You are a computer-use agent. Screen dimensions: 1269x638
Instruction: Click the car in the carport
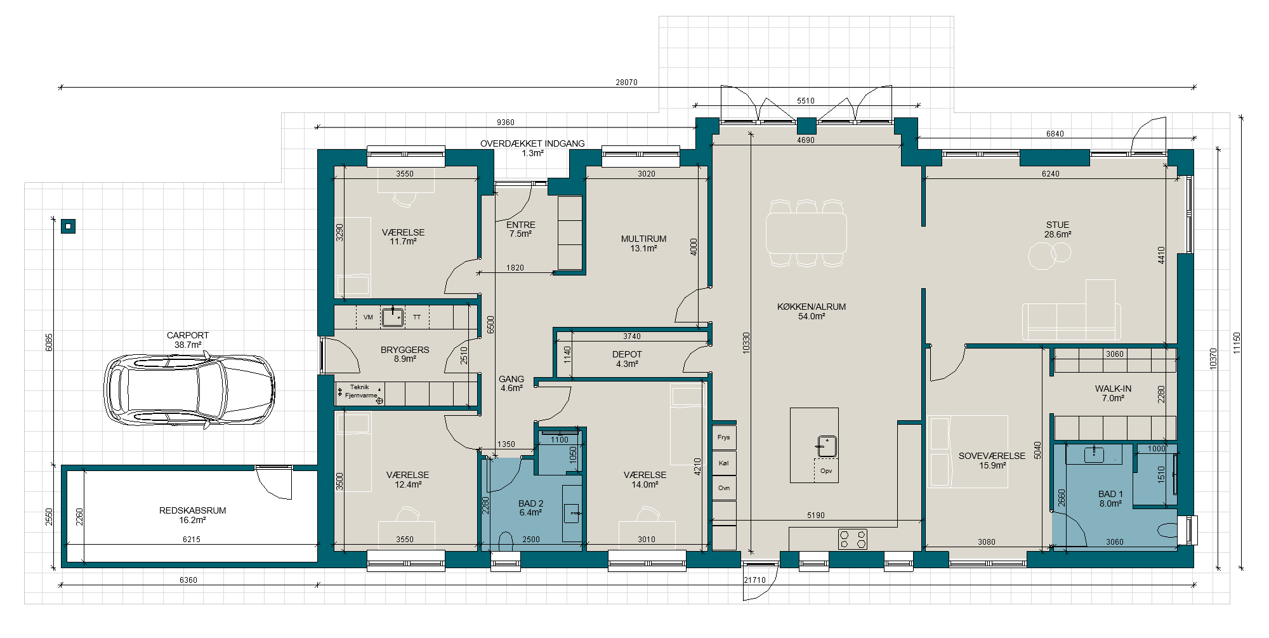pyautogui.click(x=189, y=390)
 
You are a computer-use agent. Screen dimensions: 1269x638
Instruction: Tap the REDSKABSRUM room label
pyautogui.click(x=192, y=510)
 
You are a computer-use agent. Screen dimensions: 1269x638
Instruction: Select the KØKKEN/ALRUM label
pyautogui.click(x=812, y=307)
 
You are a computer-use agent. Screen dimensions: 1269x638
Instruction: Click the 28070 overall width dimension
pyautogui.click(x=626, y=82)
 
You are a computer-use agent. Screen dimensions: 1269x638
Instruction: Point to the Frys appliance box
pyautogui.click(x=724, y=437)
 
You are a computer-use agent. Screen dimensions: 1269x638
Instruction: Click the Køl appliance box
pyautogui.click(x=724, y=463)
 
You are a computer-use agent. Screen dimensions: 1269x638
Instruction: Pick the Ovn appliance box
pyautogui.click(x=724, y=488)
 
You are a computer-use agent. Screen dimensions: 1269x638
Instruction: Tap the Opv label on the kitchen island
pyautogui.click(x=825, y=471)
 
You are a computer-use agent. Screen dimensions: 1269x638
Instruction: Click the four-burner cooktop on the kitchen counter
pyautogui.click(x=853, y=539)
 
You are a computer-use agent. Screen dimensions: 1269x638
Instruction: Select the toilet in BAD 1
pyautogui.click(x=1167, y=531)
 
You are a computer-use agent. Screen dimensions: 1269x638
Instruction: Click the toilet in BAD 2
pyautogui.click(x=506, y=542)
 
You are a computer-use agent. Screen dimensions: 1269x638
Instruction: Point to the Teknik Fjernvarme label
pyautogui.click(x=360, y=391)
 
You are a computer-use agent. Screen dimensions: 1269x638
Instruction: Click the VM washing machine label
pyautogui.click(x=368, y=317)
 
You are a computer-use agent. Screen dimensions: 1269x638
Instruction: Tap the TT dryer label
pyautogui.click(x=417, y=317)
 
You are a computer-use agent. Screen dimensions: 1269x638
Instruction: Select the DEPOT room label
pyautogui.click(x=627, y=354)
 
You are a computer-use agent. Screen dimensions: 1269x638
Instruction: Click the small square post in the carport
pyautogui.click(x=69, y=226)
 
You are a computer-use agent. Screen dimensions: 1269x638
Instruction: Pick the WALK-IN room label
pyautogui.click(x=1113, y=389)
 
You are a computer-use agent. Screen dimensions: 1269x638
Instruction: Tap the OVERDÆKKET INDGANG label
pyautogui.click(x=532, y=143)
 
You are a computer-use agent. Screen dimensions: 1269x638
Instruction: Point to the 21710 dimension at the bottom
pyautogui.click(x=754, y=580)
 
